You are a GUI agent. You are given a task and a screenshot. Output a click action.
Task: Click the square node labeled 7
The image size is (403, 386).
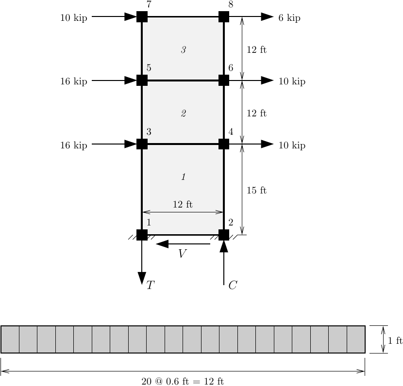142,16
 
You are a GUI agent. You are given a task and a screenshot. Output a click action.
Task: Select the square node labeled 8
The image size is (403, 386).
224,16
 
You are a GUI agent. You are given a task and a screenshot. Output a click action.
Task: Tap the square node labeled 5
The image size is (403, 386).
142,80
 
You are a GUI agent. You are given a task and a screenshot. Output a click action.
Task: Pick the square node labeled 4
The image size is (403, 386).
224,144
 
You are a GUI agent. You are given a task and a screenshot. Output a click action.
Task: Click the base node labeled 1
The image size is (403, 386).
142,235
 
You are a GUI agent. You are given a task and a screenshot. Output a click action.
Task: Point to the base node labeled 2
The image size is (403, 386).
224,235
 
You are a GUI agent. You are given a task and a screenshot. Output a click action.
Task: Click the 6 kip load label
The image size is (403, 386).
289,18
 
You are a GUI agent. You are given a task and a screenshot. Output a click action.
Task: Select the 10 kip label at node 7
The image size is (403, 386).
74,18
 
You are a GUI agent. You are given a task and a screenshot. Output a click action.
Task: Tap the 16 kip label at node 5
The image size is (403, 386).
74,81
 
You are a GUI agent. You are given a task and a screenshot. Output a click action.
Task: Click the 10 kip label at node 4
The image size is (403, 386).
292,145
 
